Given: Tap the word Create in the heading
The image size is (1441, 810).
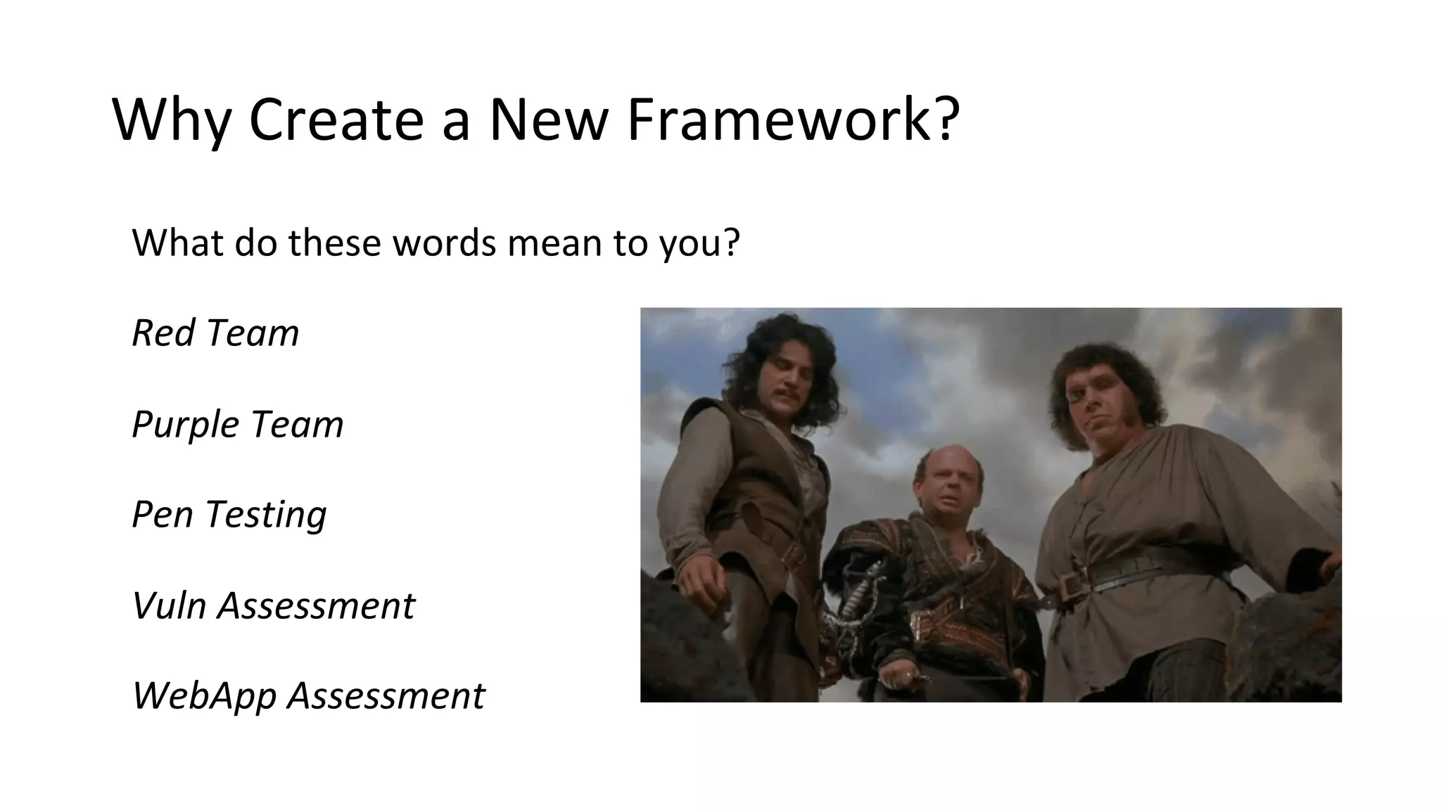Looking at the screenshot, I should [x=336, y=120].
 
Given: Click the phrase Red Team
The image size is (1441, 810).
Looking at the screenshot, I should [x=215, y=333].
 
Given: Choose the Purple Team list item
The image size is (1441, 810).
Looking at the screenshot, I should [x=238, y=424].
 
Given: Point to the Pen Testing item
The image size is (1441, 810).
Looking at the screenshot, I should [x=229, y=515].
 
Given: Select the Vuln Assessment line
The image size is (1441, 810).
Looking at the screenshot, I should [x=274, y=605].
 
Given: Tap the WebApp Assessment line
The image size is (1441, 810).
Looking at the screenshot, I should [x=308, y=695].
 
